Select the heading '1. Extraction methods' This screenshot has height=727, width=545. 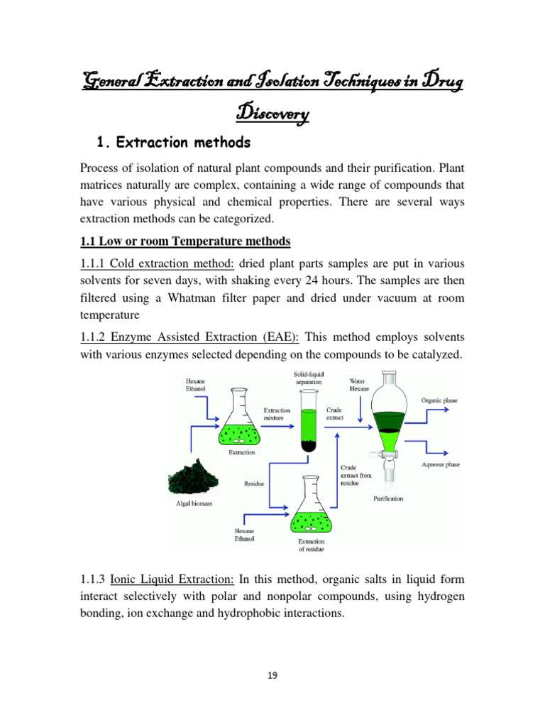pos(172,143)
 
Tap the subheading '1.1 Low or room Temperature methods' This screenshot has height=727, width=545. pos(185,241)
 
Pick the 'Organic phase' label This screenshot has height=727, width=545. pos(439,400)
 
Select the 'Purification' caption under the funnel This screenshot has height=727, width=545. pos(388,498)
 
